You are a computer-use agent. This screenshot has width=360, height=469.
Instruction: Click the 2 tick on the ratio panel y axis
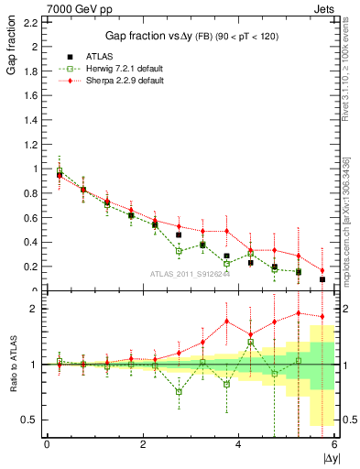(x=34, y=309)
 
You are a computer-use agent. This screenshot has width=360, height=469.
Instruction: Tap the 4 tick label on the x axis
(x=238, y=444)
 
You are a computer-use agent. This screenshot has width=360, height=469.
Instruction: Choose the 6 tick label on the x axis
(x=333, y=444)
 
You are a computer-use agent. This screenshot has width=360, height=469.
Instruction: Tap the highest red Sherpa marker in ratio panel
(x=299, y=313)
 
